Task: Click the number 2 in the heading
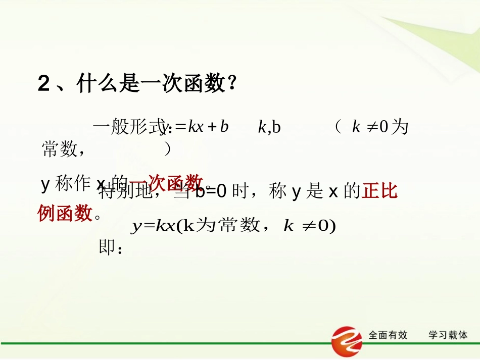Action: (44, 84)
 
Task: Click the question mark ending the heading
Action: (231, 84)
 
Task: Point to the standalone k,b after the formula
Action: (269, 127)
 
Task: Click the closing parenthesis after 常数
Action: (168, 149)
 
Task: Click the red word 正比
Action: (379, 192)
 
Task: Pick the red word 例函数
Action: (65, 214)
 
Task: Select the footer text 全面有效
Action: (388, 335)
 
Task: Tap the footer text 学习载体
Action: (448, 335)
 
